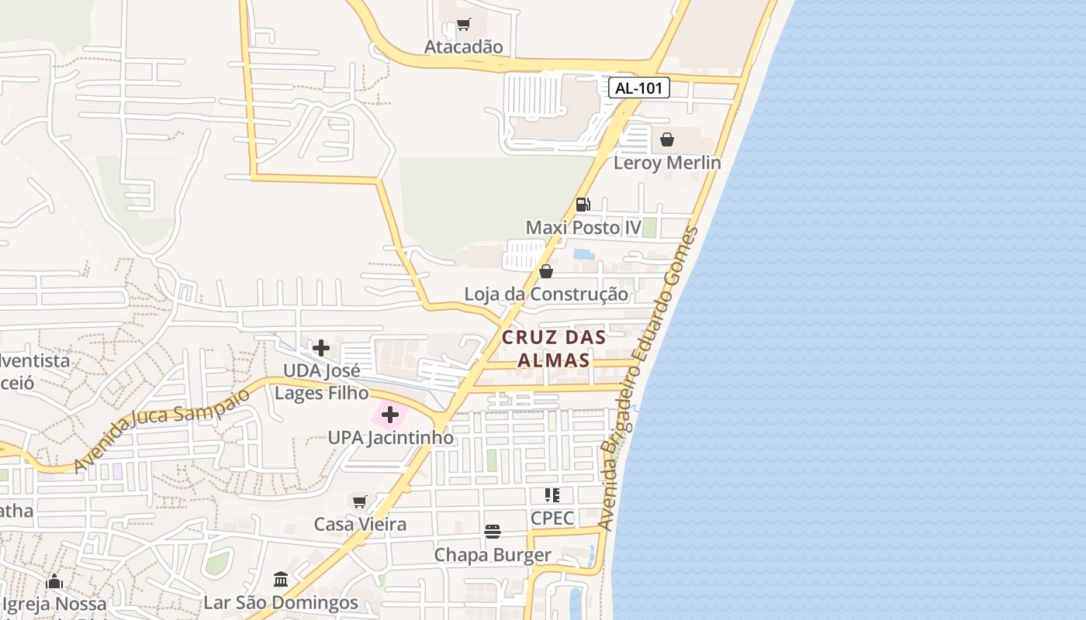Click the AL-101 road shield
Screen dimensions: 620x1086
pyautogui.click(x=638, y=88)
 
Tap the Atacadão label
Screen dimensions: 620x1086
pyautogui.click(x=463, y=46)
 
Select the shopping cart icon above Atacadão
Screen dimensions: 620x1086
pyautogui.click(x=463, y=25)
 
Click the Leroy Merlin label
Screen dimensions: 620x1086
pyautogui.click(x=667, y=163)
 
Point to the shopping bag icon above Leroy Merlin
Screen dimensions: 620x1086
pyautogui.click(x=666, y=139)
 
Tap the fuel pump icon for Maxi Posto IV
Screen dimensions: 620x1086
pyautogui.click(x=583, y=205)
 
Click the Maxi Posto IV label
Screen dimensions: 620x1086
pyautogui.click(x=583, y=228)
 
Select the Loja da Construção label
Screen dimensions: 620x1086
pyautogui.click(x=546, y=294)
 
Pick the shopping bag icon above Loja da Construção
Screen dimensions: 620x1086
pyautogui.click(x=546, y=271)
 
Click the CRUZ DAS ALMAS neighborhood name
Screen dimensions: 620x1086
pyautogui.click(x=553, y=349)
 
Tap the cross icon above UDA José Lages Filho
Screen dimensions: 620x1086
pyautogui.click(x=320, y=348)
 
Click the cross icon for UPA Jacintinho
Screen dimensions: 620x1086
pyautogui.click(x=390, y=415)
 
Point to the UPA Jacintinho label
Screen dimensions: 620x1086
pyautogui.click(x=390, y=438)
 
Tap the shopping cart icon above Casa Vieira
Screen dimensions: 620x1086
pyautogui.click(x=359, y=501)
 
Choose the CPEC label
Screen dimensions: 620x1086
pyautogui.click(x=552, y=518)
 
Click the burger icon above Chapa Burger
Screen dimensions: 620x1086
pyautogui.click(x=493, y=532)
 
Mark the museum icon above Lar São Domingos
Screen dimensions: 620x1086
pyautogui.click(x=281, y=580)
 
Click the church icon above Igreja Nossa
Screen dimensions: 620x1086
pyautogui.click(x=54, y=581)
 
